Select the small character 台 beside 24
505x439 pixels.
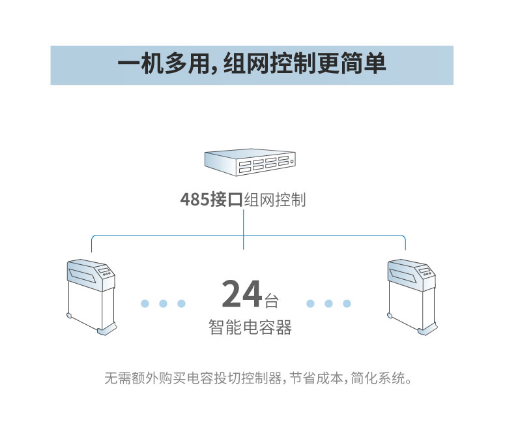click(271, 301)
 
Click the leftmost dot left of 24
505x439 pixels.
click(145, 303)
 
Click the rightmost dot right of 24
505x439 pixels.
click(347, 303)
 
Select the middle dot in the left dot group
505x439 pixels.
click(164, 303)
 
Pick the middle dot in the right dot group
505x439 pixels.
click(329, 303)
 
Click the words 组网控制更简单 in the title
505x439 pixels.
click(304, 65)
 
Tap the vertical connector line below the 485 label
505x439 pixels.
click(244, 228)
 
